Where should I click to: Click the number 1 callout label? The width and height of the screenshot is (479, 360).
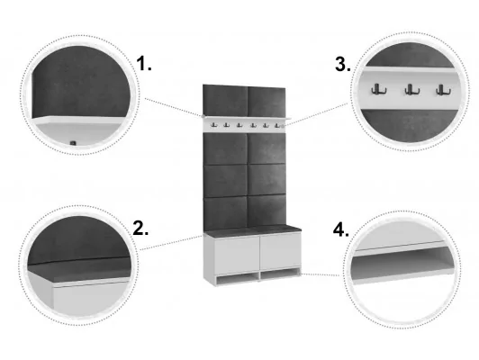click(143, 64)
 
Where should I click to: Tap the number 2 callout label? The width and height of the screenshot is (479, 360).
click(140, 228)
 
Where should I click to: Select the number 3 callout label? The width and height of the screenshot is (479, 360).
click(343, 64)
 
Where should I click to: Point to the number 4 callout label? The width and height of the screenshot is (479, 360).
click(340, 229)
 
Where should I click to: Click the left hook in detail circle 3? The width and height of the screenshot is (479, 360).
click(379, 89)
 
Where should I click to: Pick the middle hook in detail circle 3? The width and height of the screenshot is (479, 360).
click(412, 89)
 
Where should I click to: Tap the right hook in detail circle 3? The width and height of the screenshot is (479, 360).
click(443, 89)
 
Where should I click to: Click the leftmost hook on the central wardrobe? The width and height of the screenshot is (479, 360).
click(213, 124)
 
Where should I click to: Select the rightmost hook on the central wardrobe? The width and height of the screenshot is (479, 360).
click(277, 125)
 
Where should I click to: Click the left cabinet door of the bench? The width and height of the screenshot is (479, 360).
click(237, 256)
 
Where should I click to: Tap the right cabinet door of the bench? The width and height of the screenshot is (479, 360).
click(280, 251)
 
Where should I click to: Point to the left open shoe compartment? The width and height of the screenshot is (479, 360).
click(237, 279)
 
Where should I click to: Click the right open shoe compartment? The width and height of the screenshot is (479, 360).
click(280, 274)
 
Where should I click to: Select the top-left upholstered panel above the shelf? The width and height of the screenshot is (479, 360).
click(225, 101)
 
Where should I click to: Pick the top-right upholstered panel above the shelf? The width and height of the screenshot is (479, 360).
click(267, 102)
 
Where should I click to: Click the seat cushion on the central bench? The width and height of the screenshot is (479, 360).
click(252, 230)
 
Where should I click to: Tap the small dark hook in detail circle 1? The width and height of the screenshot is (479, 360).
click(73, 143)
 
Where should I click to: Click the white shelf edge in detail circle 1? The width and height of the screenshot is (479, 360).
click(78, 120)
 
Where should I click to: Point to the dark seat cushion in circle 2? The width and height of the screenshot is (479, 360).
click(80, 269)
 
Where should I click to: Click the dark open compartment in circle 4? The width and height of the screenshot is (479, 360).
click(400, 259)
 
